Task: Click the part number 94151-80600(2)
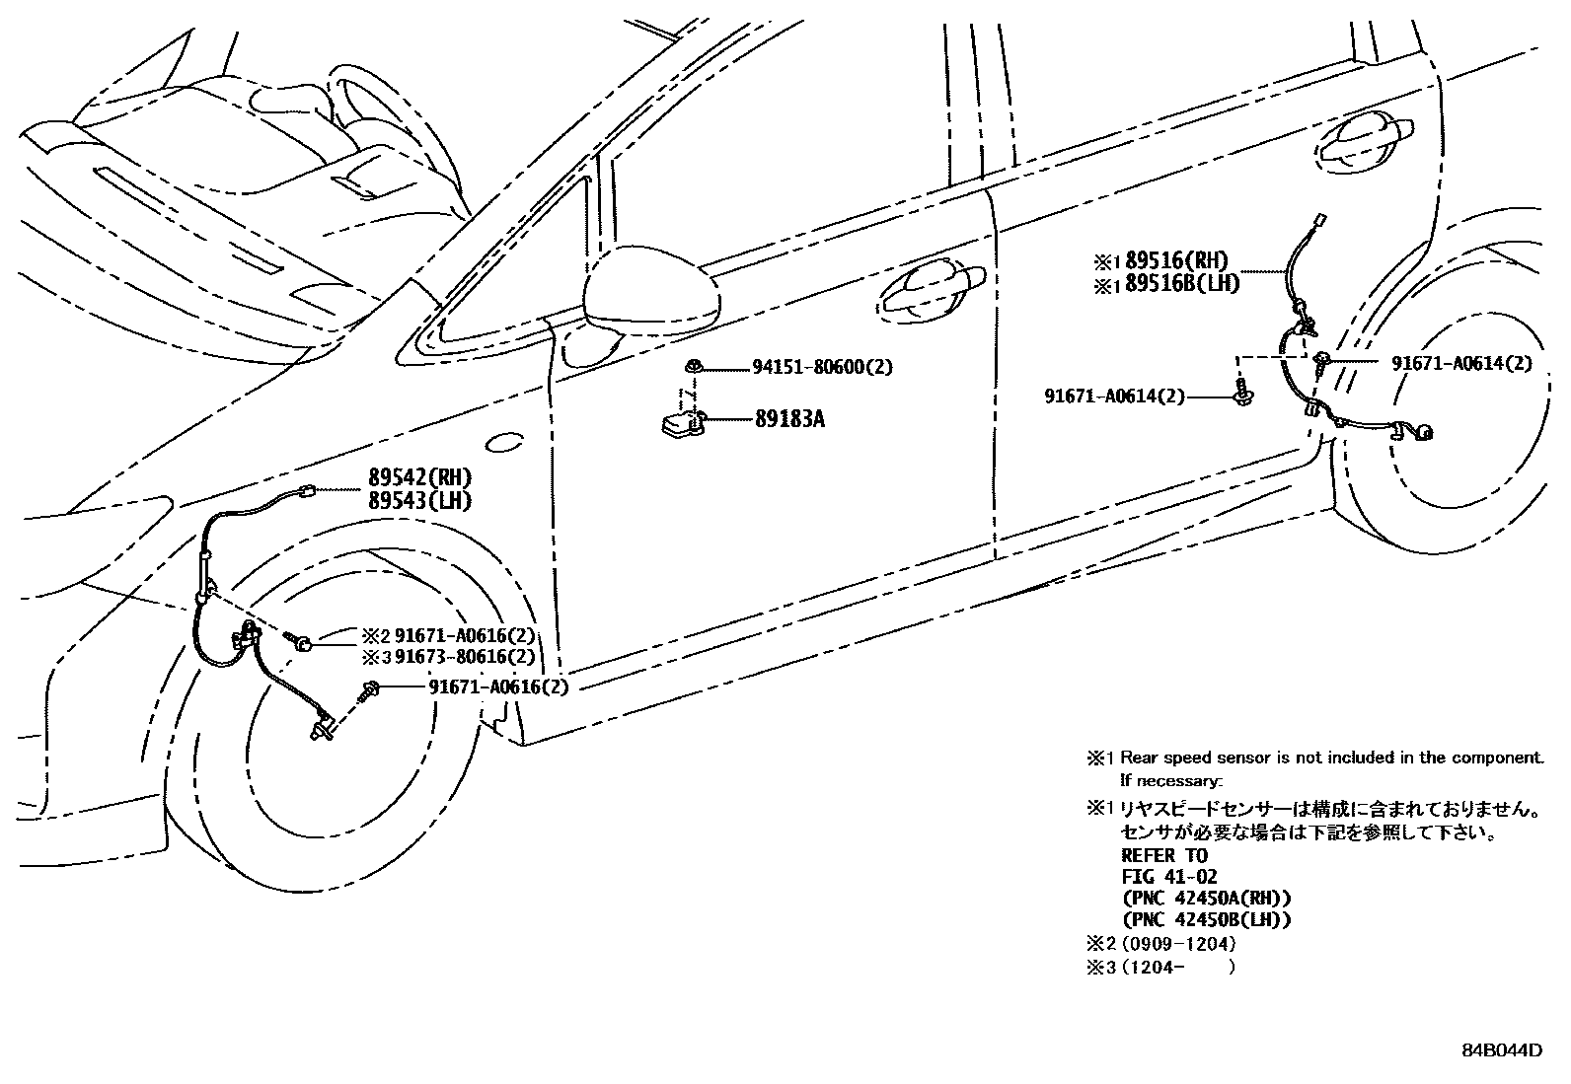point(822,367)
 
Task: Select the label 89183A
point(789,419)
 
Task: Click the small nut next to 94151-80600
point(694,366)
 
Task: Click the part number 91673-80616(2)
point(465,656)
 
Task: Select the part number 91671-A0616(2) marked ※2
point(465,636)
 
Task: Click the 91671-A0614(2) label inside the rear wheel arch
point(1461,363)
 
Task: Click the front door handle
point(933,288)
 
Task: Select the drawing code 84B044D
point(1501,1049)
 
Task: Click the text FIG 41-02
point(1169,877)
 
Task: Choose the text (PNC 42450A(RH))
point(1206,899)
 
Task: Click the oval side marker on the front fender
point(504,444)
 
